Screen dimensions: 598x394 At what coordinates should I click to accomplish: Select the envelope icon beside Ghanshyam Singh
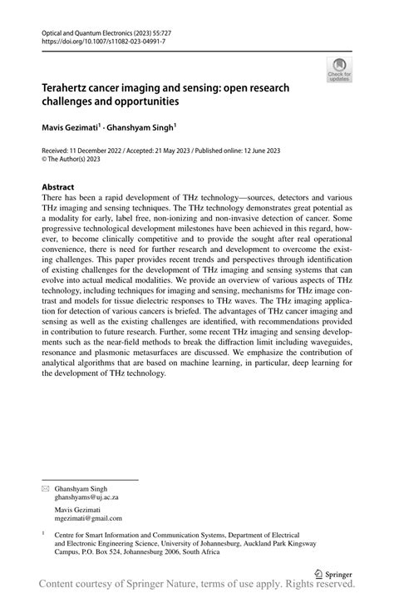[46, 489]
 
